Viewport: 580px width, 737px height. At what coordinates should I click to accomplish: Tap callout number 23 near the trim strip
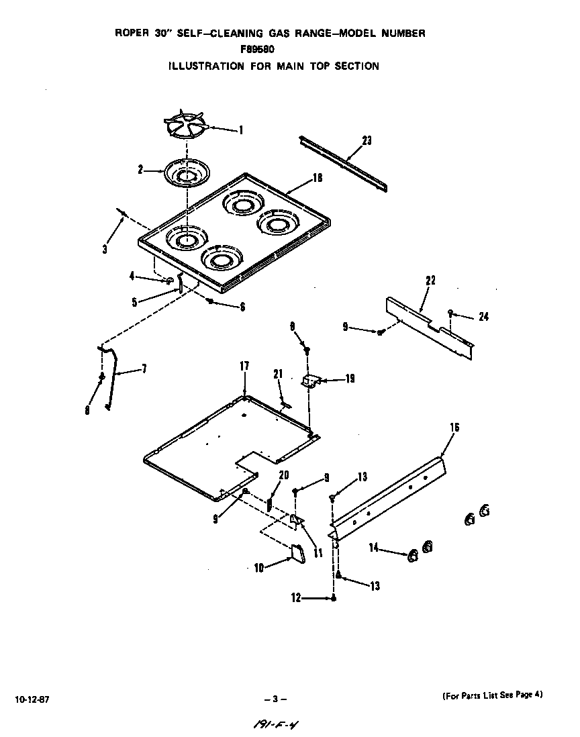pyautogui.click(x=367, y=140)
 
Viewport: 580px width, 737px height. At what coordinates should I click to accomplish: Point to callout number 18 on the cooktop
pyautogui.click(x=318, y=178)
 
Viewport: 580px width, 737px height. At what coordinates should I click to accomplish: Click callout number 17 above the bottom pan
pyautogui.click(x=244, y=366)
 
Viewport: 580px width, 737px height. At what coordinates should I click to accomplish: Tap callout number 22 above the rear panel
pyautogui.click(x=430, y=281)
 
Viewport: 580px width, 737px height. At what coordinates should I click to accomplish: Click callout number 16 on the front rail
pyautogui.click(x=454, y=427)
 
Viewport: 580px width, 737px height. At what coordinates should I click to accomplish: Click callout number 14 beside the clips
pyautogui.click(x=375, y=549)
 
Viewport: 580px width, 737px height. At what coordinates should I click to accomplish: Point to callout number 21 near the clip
pyautogui.click(x=277, y=374)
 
